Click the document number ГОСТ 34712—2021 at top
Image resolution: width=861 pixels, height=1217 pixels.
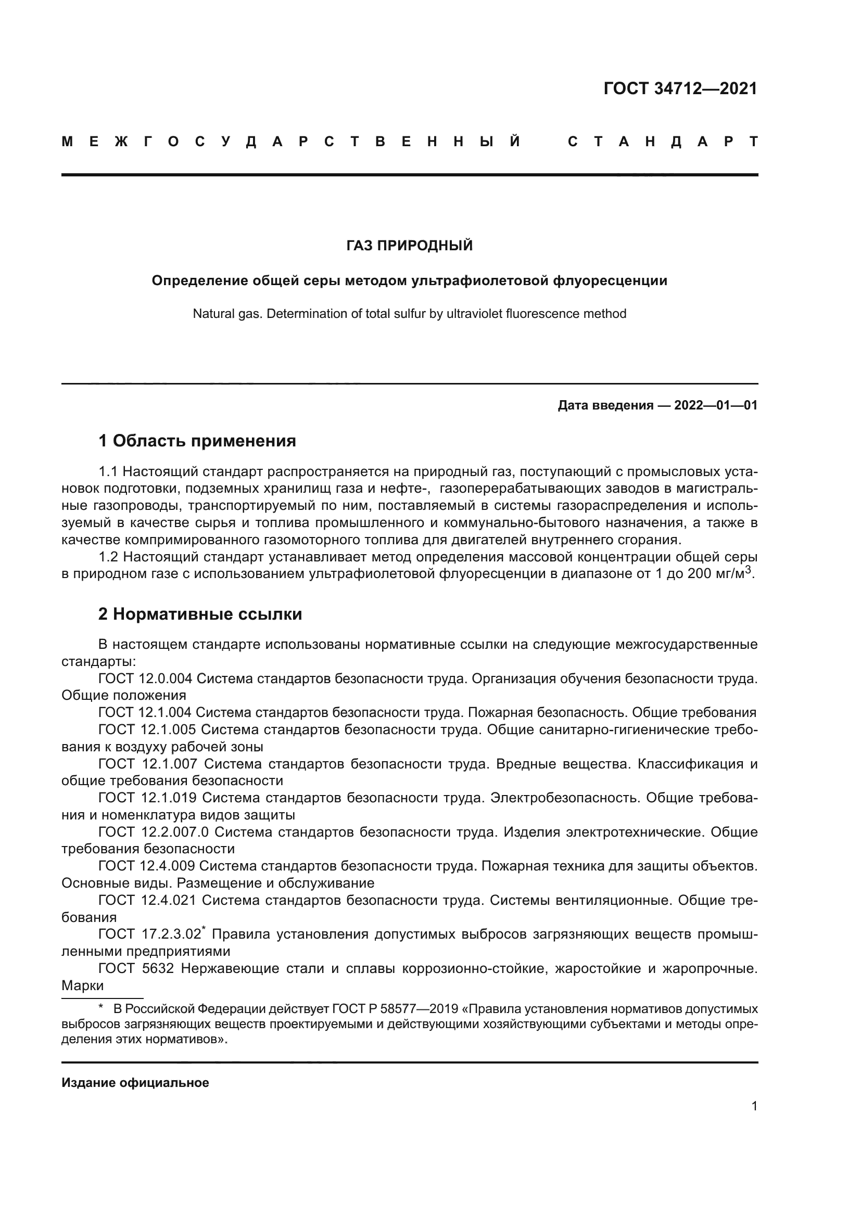click(680, 88)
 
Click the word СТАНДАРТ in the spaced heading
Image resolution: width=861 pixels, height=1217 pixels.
click(663, 142)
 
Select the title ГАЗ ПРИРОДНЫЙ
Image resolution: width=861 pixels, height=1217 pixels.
click(409, 246)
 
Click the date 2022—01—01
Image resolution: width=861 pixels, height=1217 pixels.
click(715, 405)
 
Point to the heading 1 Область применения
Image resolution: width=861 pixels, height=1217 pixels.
click(197, 441)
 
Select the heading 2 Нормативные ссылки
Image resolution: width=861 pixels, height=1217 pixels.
click(200, 614)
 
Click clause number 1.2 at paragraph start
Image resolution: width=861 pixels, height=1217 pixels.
click(110, 557)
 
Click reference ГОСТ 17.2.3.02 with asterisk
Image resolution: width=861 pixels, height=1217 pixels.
click(150, 934)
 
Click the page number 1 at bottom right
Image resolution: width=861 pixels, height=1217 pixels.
click(754, 1106)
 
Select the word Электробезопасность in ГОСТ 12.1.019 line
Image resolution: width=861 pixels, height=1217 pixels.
click(565, 798)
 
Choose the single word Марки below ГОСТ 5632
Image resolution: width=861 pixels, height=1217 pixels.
click(82, 985)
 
